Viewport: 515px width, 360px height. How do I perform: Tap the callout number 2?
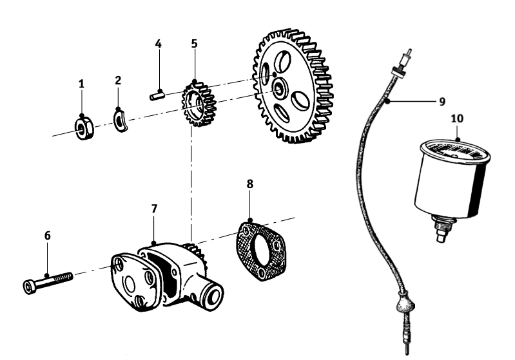coord(118,80)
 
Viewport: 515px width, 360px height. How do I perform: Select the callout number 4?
coord(158,44)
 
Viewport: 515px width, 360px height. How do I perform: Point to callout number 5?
coord(194,44)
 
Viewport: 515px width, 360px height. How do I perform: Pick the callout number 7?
coord(154,209)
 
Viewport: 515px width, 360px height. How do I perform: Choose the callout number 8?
coord(250,184)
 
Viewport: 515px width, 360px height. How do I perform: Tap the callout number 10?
coord(457,119)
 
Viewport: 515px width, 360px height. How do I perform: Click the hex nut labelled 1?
coord(84,127)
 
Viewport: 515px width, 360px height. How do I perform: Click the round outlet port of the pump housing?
coord(211,296)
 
